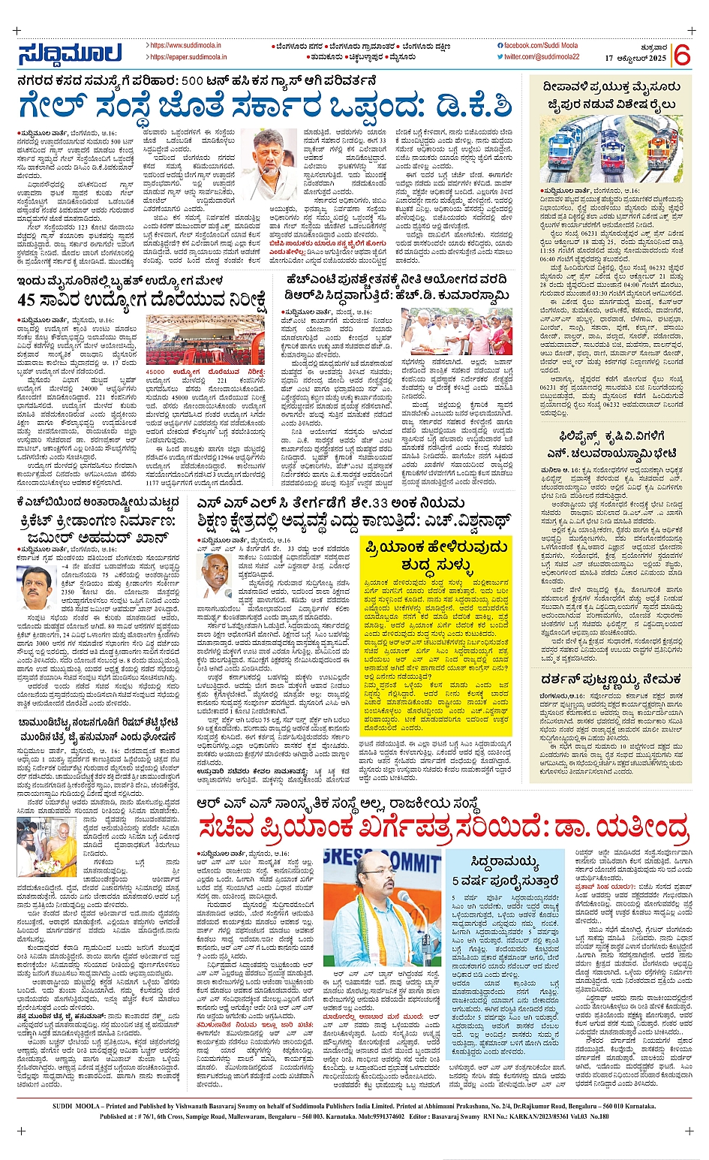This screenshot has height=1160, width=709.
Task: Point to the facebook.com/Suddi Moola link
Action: pyautogui.click(x=541, y=46)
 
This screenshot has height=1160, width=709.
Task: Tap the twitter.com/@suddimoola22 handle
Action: pyautogui.click(x=541, y=57)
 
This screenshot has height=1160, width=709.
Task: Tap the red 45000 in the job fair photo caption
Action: pyautogui.click(x=156, y=372)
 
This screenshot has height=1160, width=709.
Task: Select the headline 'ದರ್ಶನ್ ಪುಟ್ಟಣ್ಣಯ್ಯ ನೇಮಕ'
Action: pyautogui.click(x=611, y=679)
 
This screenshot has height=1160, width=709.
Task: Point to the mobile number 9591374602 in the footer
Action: pyautogui.click(x=389, y=1116)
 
